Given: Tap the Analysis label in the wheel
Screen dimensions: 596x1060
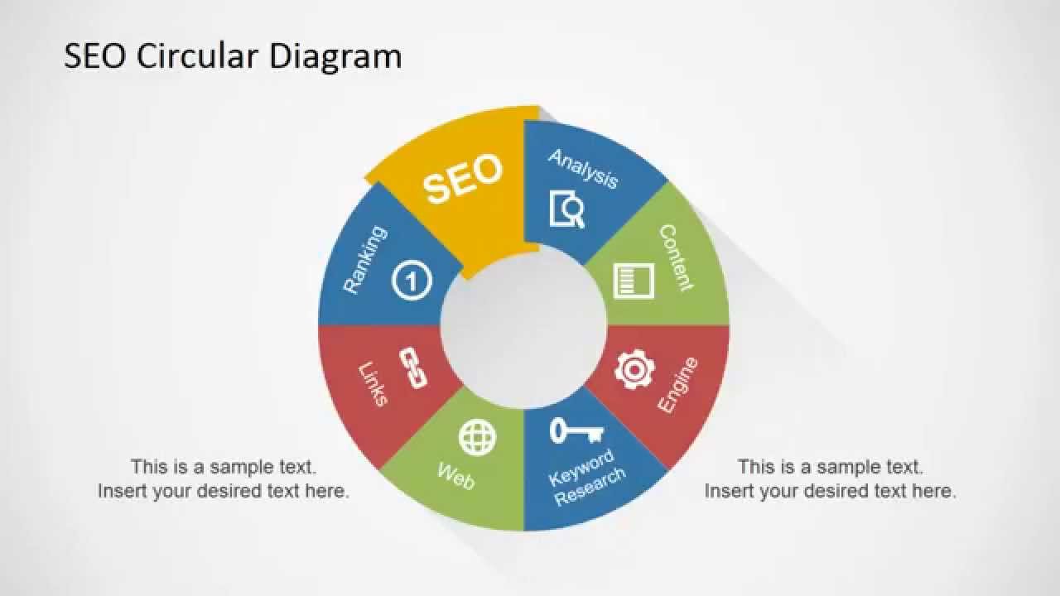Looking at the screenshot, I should (583, 168).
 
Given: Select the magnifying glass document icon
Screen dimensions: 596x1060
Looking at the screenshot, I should (567, 209).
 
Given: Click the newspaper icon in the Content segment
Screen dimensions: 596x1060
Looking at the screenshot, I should (634, 280).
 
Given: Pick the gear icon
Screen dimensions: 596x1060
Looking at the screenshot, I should (634, 369).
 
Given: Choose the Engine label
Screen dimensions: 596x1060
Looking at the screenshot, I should (677, 385).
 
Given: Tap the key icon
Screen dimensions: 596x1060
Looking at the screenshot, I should (576, 430).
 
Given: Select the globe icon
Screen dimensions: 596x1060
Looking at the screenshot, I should (478, 437).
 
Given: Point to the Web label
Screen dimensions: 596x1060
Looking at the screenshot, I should (455, 476).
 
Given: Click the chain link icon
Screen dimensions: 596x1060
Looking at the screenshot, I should (412, 368).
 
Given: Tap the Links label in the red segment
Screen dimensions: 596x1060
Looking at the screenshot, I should (373, 383).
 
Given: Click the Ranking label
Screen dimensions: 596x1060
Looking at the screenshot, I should (365, 259).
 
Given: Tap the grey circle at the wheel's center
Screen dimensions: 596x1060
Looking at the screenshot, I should (523, 326).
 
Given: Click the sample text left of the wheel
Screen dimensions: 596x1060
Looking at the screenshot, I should (224, 478).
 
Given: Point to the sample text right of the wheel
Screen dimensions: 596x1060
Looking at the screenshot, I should (830, 478).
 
